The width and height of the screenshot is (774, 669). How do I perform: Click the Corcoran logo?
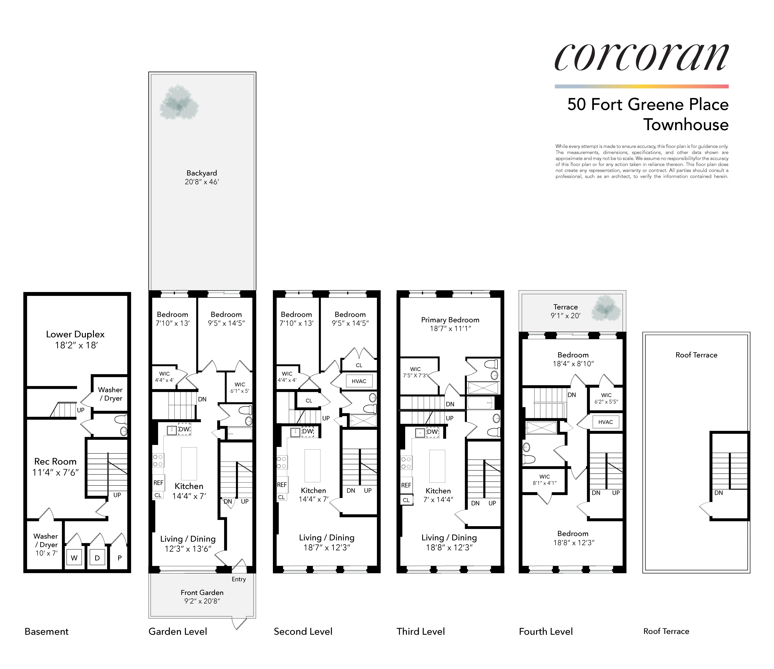641,57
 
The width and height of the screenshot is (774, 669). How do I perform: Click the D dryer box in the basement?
97,558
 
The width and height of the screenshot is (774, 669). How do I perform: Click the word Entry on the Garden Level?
239,579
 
